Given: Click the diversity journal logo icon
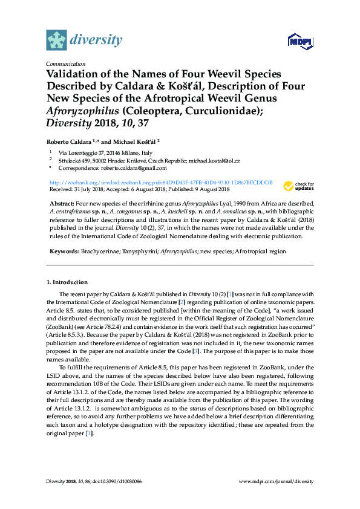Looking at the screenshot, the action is click(56, 41).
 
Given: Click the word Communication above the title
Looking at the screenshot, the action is click(65, 63).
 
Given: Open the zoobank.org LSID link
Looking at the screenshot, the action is click(160, 182).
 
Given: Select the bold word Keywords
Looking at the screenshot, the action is click(62, 251).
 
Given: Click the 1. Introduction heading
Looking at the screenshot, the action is click(67, 282).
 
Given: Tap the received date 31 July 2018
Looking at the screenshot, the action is click(93, 188).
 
